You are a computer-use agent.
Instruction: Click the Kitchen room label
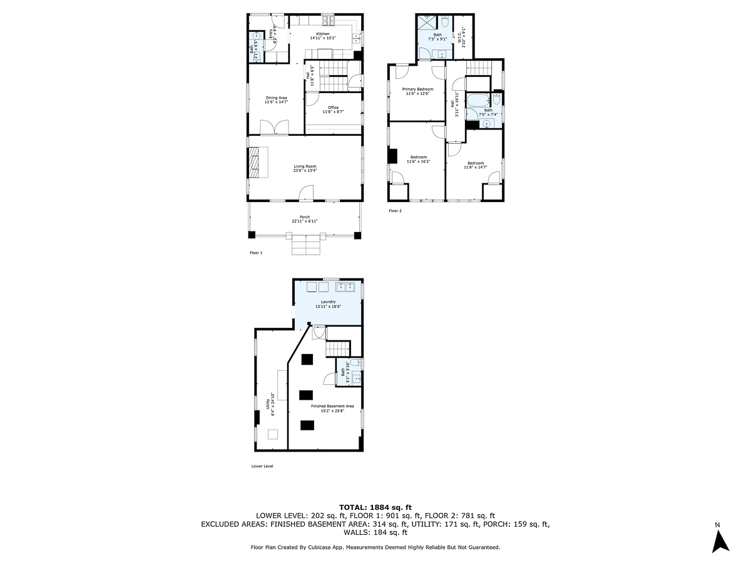(x=323, y=36)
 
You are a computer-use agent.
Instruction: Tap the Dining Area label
(x=276, y=100)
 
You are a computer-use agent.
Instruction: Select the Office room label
(x=333, y=109)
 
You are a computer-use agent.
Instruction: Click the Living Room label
(x=304, y=169)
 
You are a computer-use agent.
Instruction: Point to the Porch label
(x=304, y=219)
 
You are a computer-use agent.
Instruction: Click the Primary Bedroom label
(x=417, y=91)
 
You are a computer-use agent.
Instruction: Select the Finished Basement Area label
(x=328, y=408)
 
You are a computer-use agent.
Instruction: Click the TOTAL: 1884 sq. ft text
(x=375, y=507)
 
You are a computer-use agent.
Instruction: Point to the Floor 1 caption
(x=256, y=253)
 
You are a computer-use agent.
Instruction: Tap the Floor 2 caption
(x=395, y=211)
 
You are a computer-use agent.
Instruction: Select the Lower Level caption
(x=262, y=466)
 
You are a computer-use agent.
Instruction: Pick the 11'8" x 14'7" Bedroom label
(x=475, y=166)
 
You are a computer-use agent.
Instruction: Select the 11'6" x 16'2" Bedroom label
(x=418, y=159)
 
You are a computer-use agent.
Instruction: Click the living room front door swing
(x=306, y=193)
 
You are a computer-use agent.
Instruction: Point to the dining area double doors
(x=275, y=127)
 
